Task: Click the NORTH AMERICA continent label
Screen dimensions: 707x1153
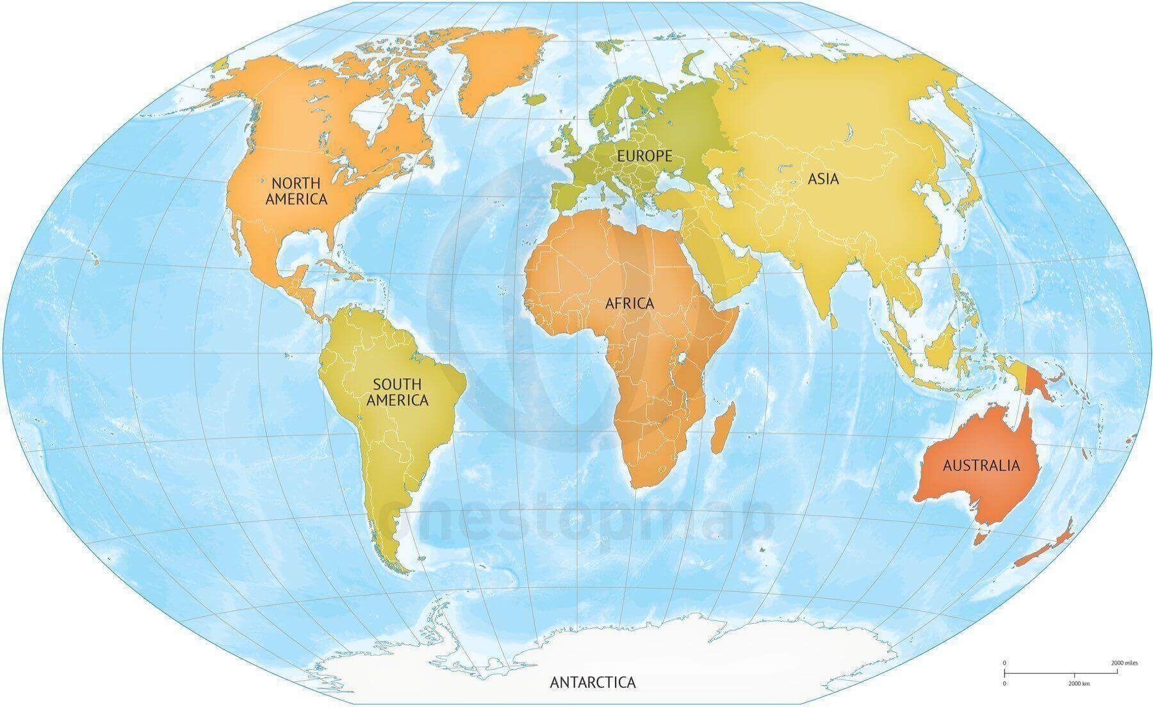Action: pyautogui.click(x=296, y=190)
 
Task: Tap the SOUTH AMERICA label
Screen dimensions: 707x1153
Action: pyautogui.click(x=397, y=392)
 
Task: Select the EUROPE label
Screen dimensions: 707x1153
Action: pyautogui.click(x=644, y=156)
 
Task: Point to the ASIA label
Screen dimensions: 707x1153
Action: pyautogui.click(x=823, y=179)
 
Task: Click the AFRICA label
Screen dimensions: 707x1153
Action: pyautogui.click(x=630, y=303)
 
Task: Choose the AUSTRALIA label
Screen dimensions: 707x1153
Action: pyautogui.click(x=981, y=465)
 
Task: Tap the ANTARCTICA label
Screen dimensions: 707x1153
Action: pyautogui.click(x=593, y=682)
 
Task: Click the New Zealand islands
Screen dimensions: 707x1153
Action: pyautogui.click(x=1042, y=544)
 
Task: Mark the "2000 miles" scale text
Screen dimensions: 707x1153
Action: pyautogui.click(x=1125, y=663)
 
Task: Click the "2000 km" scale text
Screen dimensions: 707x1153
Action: pyautogui.click(x=1078, y=683)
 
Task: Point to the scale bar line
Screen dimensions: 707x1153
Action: pyautogui.click(x=1063, y=672)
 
